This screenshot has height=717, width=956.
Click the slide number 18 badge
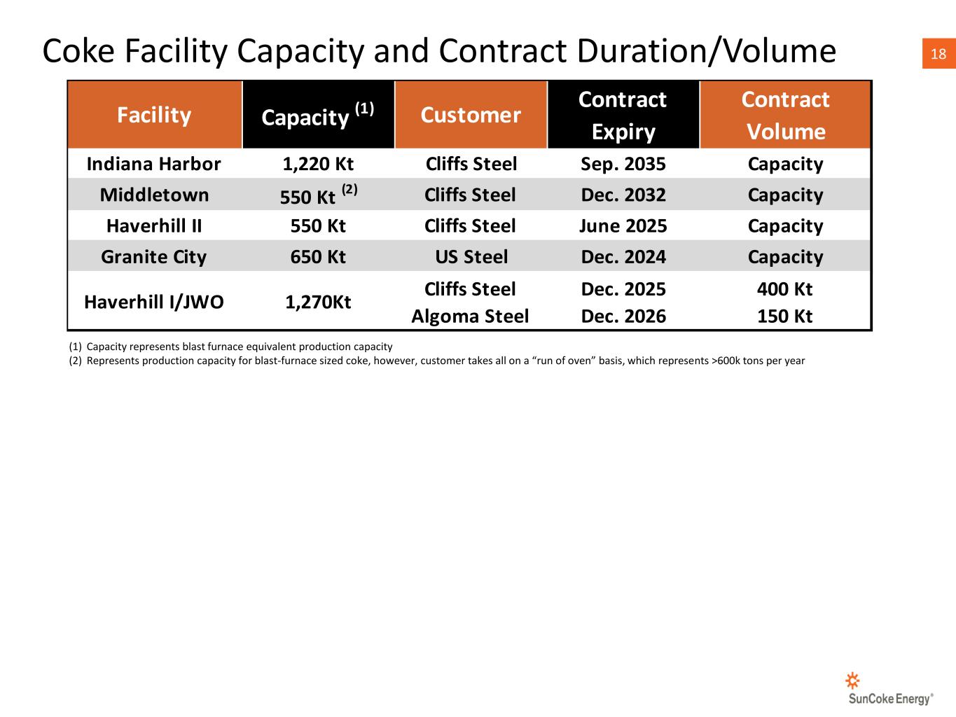click(x=938, y=53)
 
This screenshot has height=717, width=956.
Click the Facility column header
click(x=154, y=115)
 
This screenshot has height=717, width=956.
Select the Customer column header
click(x=471, y=115)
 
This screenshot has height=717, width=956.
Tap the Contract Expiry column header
click(x=623, y=115)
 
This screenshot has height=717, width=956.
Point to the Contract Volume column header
click(x=785, y=115)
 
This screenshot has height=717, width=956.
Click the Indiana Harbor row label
click(x=154, y=164)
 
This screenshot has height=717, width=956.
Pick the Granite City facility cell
click(x=154, y=257)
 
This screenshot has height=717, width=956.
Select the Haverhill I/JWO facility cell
click(x=154, y=302)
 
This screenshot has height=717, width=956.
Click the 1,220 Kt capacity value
click(x=319, y=165)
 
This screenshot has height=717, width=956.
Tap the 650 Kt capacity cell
click(x=319, y=257)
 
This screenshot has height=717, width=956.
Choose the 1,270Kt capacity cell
click(x=319, y=302)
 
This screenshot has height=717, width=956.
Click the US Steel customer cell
click(x=471, y=257)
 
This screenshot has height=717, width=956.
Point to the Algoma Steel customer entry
click(x=471, y=316)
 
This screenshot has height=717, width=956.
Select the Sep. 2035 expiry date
click(x=623, y=165)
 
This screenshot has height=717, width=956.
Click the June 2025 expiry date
click(x=623, y=226)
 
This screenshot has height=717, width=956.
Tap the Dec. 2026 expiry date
click(x=623, y=316)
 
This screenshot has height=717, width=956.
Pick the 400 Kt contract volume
click(x=785, y=289)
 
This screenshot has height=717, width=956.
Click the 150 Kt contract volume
click(x=785, y=316)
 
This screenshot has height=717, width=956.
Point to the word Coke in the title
click(x=79, y=51)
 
